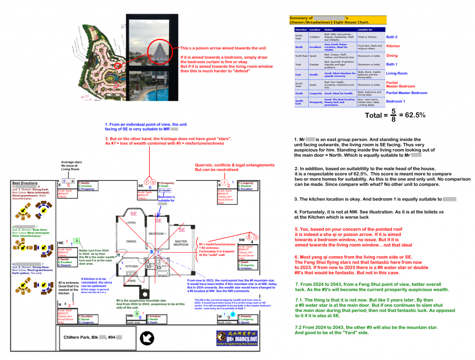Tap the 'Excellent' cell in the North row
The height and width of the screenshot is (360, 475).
click(x=314, y=47)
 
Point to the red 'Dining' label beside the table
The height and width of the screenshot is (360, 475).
click(x=392, y=56)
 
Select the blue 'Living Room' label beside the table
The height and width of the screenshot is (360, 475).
click(x=397, y=74)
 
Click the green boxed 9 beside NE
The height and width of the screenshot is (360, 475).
click(x=77, y=241)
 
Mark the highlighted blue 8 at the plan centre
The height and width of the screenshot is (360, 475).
click(x=152, y=251)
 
